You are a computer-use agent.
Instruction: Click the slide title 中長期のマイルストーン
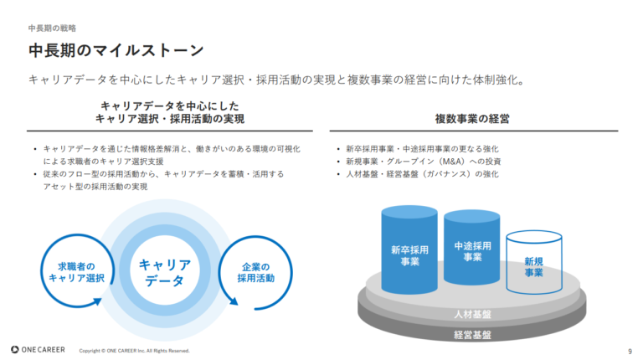(x=116, y=50)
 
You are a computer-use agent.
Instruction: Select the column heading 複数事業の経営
(x=473, y=119)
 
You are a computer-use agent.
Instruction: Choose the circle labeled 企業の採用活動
(x=255, y=272)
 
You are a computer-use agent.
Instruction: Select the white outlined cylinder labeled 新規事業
(x=533, y=265)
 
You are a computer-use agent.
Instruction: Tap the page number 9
(x=629, y=350)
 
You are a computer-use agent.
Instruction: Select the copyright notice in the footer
(x=134, y=350)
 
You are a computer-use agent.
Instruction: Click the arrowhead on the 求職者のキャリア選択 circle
(x=99, y=302)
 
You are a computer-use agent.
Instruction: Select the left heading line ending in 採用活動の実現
(x=170, y=120)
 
